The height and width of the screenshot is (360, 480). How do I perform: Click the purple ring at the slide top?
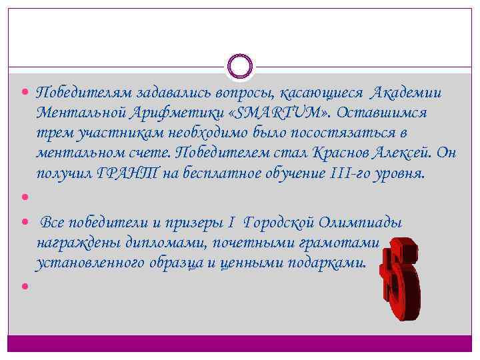point(240,66)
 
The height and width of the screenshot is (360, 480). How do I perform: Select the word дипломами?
point(139,242)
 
